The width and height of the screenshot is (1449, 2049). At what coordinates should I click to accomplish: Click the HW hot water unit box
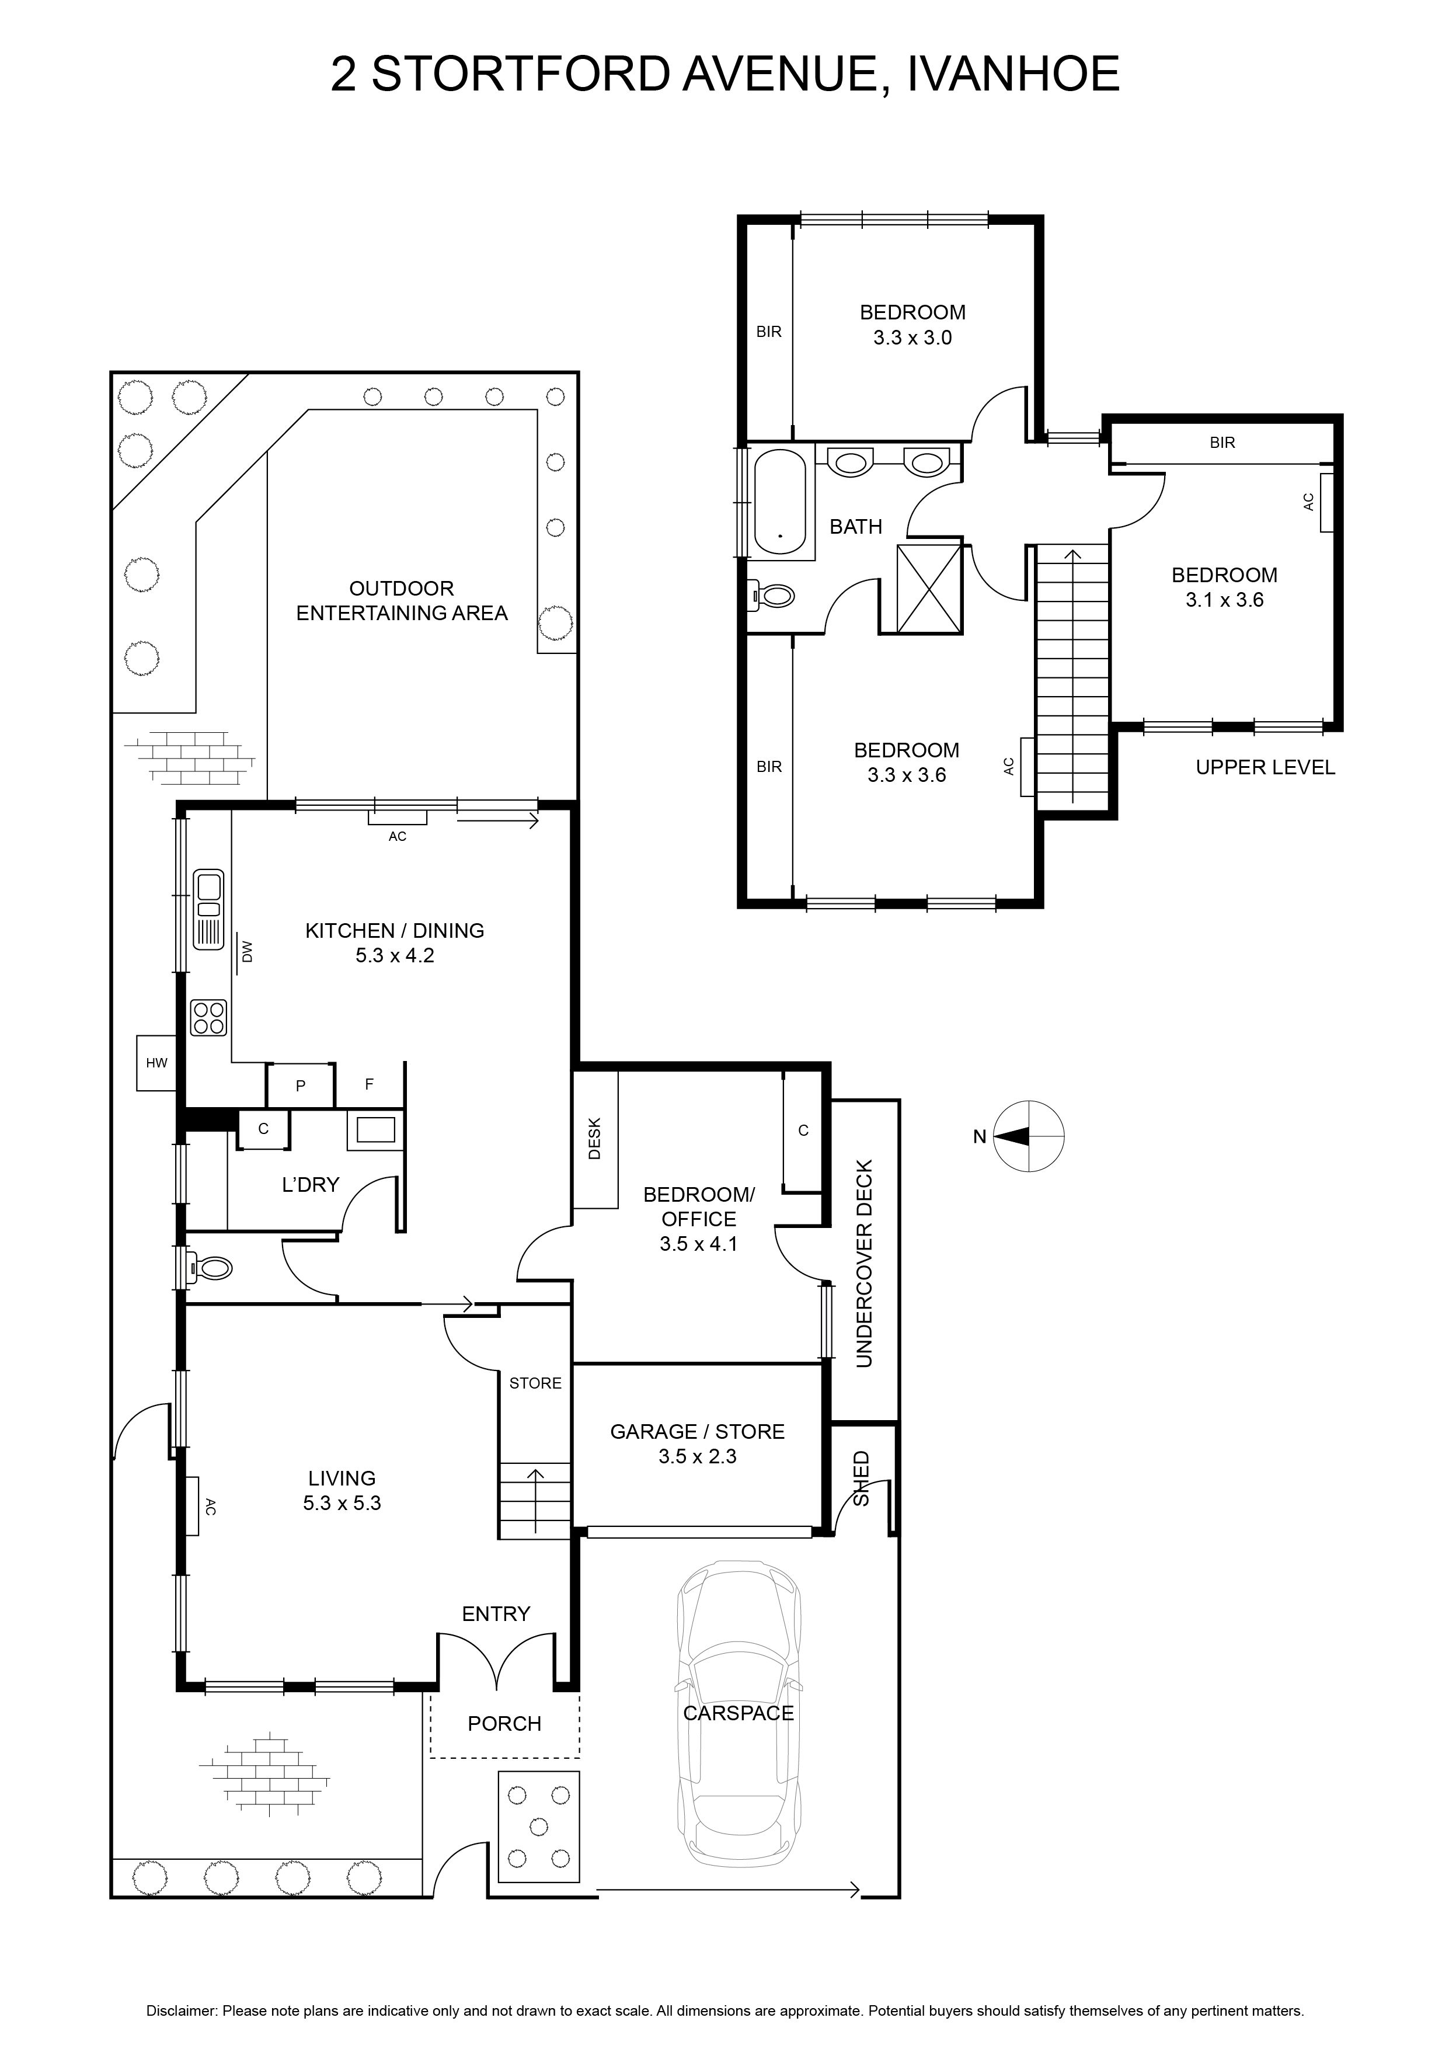[x=157, y=1062]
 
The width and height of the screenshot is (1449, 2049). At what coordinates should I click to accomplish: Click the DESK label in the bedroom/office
[x=595, y=1139]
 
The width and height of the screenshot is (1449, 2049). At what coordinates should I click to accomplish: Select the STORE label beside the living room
[x=535, y=1383]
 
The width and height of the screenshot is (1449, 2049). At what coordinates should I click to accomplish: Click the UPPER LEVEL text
[x=1265, y=767]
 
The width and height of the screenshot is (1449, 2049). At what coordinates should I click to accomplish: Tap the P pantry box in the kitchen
[x=301, y=1085]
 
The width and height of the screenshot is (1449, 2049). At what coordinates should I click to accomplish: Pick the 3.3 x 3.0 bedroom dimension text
[x=912, y=338]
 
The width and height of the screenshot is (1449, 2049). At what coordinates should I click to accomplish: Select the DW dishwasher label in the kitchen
[x=247, y=952]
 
